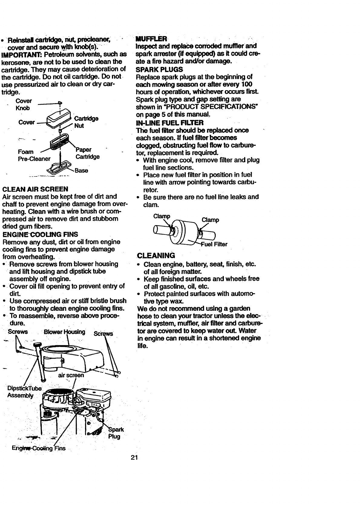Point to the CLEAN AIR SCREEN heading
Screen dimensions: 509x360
(x=35, y=189)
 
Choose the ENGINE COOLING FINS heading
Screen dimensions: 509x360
(x=40, y=235)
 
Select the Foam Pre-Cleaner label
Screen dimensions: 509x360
(x=34, y=155)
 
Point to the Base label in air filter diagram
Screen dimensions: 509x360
(x=81, y=171)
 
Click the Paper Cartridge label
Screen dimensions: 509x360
(x=87, y=153)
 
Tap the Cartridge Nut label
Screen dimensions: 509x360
(x=86, y=122)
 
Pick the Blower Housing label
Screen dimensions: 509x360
(x=64, y=332)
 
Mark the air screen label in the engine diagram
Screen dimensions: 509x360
(x=71, y=375)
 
